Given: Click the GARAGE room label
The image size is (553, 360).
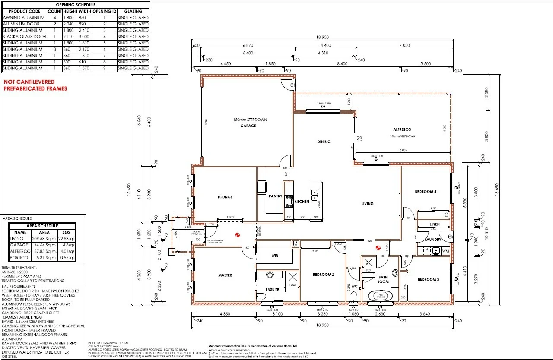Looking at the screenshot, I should pos(248,126).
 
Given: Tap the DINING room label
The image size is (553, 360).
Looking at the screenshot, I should pos(324,142).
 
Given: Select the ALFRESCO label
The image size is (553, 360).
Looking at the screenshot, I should pos(402,129).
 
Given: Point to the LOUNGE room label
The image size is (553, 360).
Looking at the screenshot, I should pos(225,197).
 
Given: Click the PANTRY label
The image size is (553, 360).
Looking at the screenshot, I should pos(275,196).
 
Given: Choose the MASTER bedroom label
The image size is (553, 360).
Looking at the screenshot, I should pos(225,275).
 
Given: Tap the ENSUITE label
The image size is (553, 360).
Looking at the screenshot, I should pos(272,289).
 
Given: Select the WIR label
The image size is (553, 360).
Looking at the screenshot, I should pos(275,256).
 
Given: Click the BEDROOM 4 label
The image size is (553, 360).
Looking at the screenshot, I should pos(426,192).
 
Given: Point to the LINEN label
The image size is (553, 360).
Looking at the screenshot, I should pos(435,224).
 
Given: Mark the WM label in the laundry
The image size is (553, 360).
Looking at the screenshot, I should pos(446,251).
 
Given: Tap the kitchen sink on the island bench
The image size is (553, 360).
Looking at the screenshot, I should pos(315,193).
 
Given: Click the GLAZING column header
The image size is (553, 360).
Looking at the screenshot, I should pos(133,11).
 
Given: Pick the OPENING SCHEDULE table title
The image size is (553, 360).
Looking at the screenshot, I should pos(76,4).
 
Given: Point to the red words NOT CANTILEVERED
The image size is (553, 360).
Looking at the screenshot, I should pos(29,82).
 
